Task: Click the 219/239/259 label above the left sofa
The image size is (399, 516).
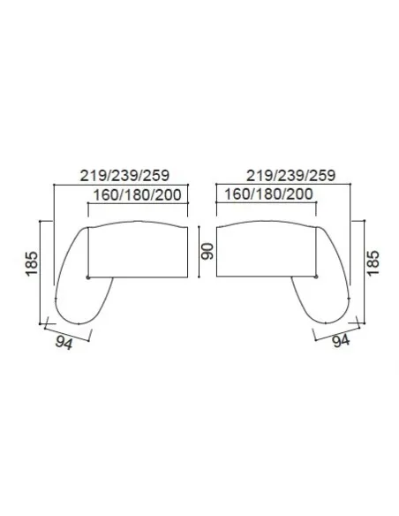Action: pyautogui.click(x=124, y=176)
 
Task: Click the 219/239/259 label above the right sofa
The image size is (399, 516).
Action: pyautogui.click(x=291, y=176)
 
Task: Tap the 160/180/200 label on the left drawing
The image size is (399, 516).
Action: pyautogui.click(x=138, y=194)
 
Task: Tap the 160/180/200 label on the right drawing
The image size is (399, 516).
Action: pyautogui.click(x=268, y=194)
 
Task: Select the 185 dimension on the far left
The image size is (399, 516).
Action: pyautogui.click(x=32, y=263)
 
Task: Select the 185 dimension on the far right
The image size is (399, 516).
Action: pyautogui.click(x=373, y=263)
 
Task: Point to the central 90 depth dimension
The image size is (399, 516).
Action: pyautogui.click(x=207, y=252)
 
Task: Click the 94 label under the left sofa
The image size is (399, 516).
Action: pyautogui.click(x=64, y=343)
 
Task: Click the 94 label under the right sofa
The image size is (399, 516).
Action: pyautogui.click(x=341, y=341)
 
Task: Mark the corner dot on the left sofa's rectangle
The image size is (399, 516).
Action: pyautogui.click(x=88, y=277)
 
